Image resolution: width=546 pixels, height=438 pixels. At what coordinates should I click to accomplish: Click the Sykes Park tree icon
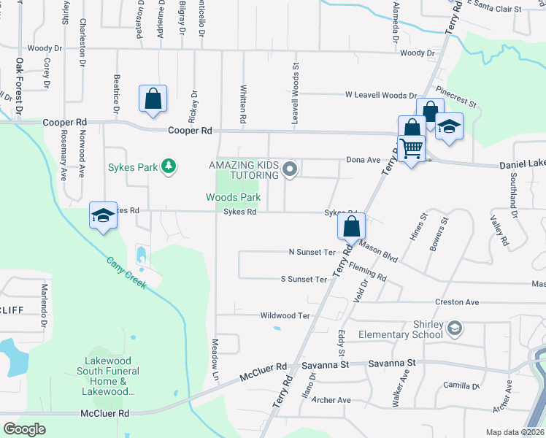pos(169,167)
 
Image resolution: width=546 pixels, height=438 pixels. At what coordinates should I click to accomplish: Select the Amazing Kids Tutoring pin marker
pos(290,170)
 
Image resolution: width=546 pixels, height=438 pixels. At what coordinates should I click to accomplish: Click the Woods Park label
pos(233,197)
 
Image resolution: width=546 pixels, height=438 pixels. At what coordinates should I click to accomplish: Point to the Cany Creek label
pos(126,272)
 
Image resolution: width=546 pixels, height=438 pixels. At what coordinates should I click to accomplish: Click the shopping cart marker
pos(412,148)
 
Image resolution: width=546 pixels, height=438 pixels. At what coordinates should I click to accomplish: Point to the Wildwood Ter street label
pos(285,315)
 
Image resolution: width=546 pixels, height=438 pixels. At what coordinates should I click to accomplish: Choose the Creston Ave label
pos(456,302)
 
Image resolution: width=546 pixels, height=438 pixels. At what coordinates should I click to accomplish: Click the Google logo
pos(24,429)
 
